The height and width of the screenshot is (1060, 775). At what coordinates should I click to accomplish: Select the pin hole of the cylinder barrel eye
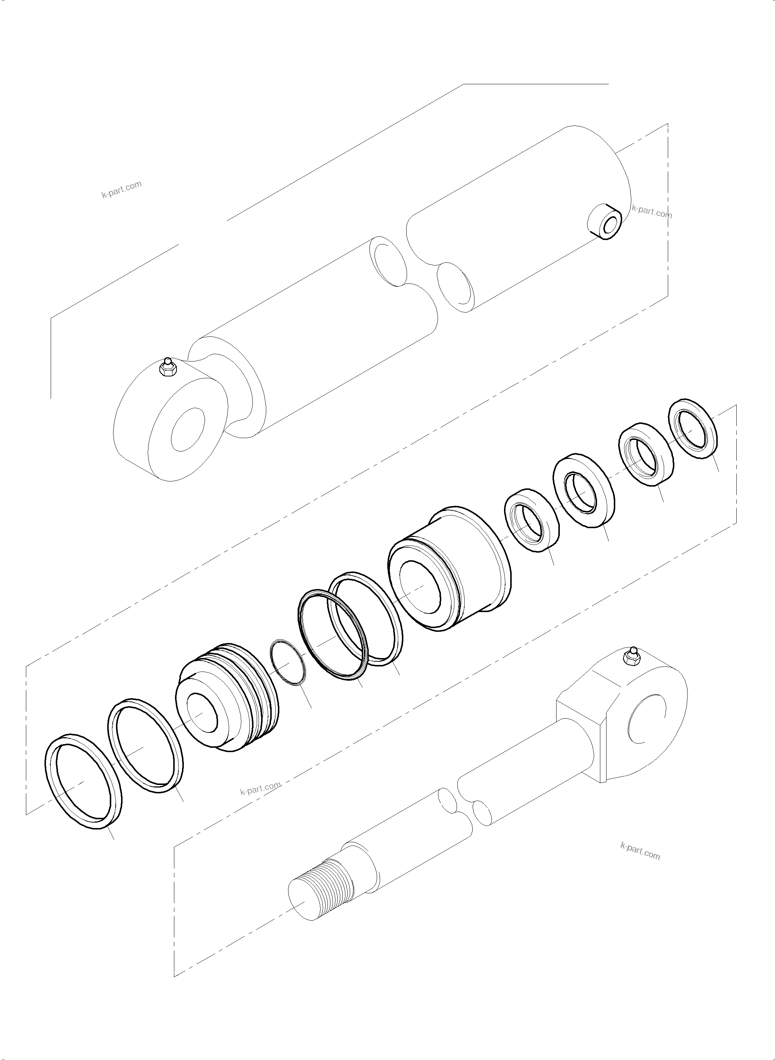click(189, 429)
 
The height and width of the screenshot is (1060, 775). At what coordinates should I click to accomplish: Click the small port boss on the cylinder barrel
click(606, 222)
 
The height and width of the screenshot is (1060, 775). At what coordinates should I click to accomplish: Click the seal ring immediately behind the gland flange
click(531, 519)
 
